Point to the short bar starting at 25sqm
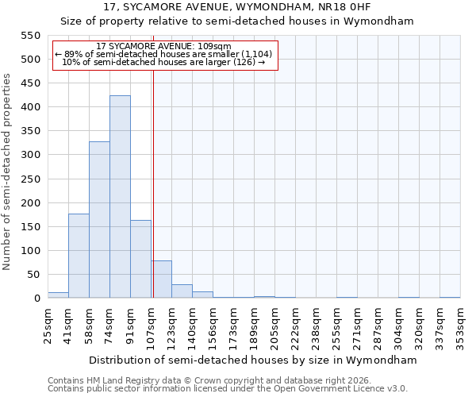[x=58, y=295]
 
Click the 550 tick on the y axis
[x=30, y=36]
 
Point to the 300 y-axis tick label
[x=30, y=155]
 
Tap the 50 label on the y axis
[x=33, y=275]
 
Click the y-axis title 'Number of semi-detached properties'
[x=7, y=172]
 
